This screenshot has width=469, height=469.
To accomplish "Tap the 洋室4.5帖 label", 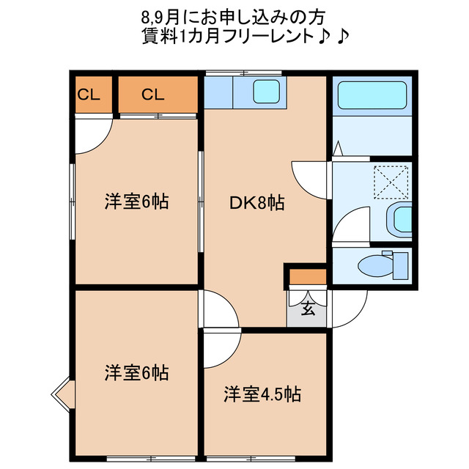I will click(262, 394).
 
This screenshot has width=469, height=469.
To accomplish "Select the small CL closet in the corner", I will click(90, 94).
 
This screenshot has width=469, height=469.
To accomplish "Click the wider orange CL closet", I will click(158, 94).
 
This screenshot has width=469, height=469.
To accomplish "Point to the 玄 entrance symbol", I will click(309, 308).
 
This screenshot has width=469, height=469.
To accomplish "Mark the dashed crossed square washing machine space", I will click(391, 182).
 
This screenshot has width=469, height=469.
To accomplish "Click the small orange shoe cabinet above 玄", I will click(309, 277).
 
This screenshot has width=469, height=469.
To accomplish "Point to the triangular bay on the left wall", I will click(62, 395).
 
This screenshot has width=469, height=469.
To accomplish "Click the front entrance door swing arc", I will click(350, 308).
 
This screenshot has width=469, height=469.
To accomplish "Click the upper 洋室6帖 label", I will click(136, 202).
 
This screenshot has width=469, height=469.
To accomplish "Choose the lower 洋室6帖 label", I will click(136, 373).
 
